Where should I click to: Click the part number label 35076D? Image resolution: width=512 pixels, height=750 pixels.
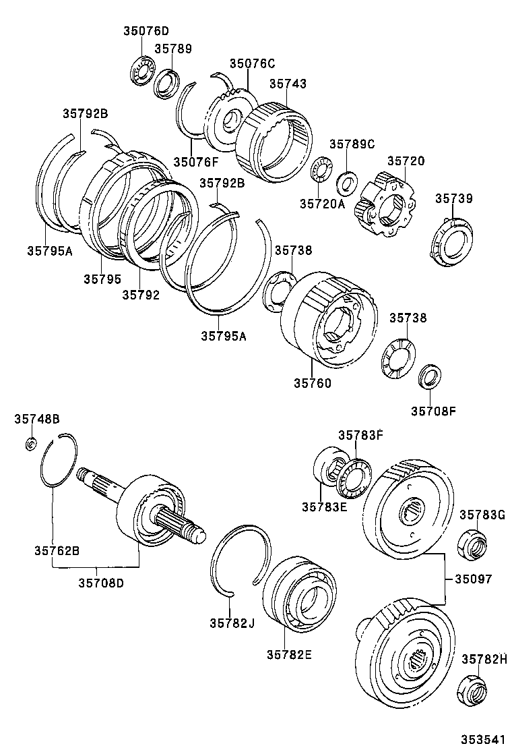click(146, 31)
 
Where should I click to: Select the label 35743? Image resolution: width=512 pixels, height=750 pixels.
click(288, 84)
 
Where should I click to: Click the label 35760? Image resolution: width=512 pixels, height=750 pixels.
click(312, 382)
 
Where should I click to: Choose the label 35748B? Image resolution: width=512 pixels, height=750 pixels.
click(37, 420)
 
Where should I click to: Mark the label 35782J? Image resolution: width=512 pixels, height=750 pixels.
click(231, 623)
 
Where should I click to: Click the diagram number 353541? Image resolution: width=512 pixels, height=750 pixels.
click(483, 740)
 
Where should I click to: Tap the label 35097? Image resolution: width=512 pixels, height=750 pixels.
click(473, 579)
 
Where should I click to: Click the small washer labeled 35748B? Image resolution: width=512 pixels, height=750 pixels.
click(30, 443)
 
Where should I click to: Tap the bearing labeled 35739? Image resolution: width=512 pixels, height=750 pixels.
click(449, 241)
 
